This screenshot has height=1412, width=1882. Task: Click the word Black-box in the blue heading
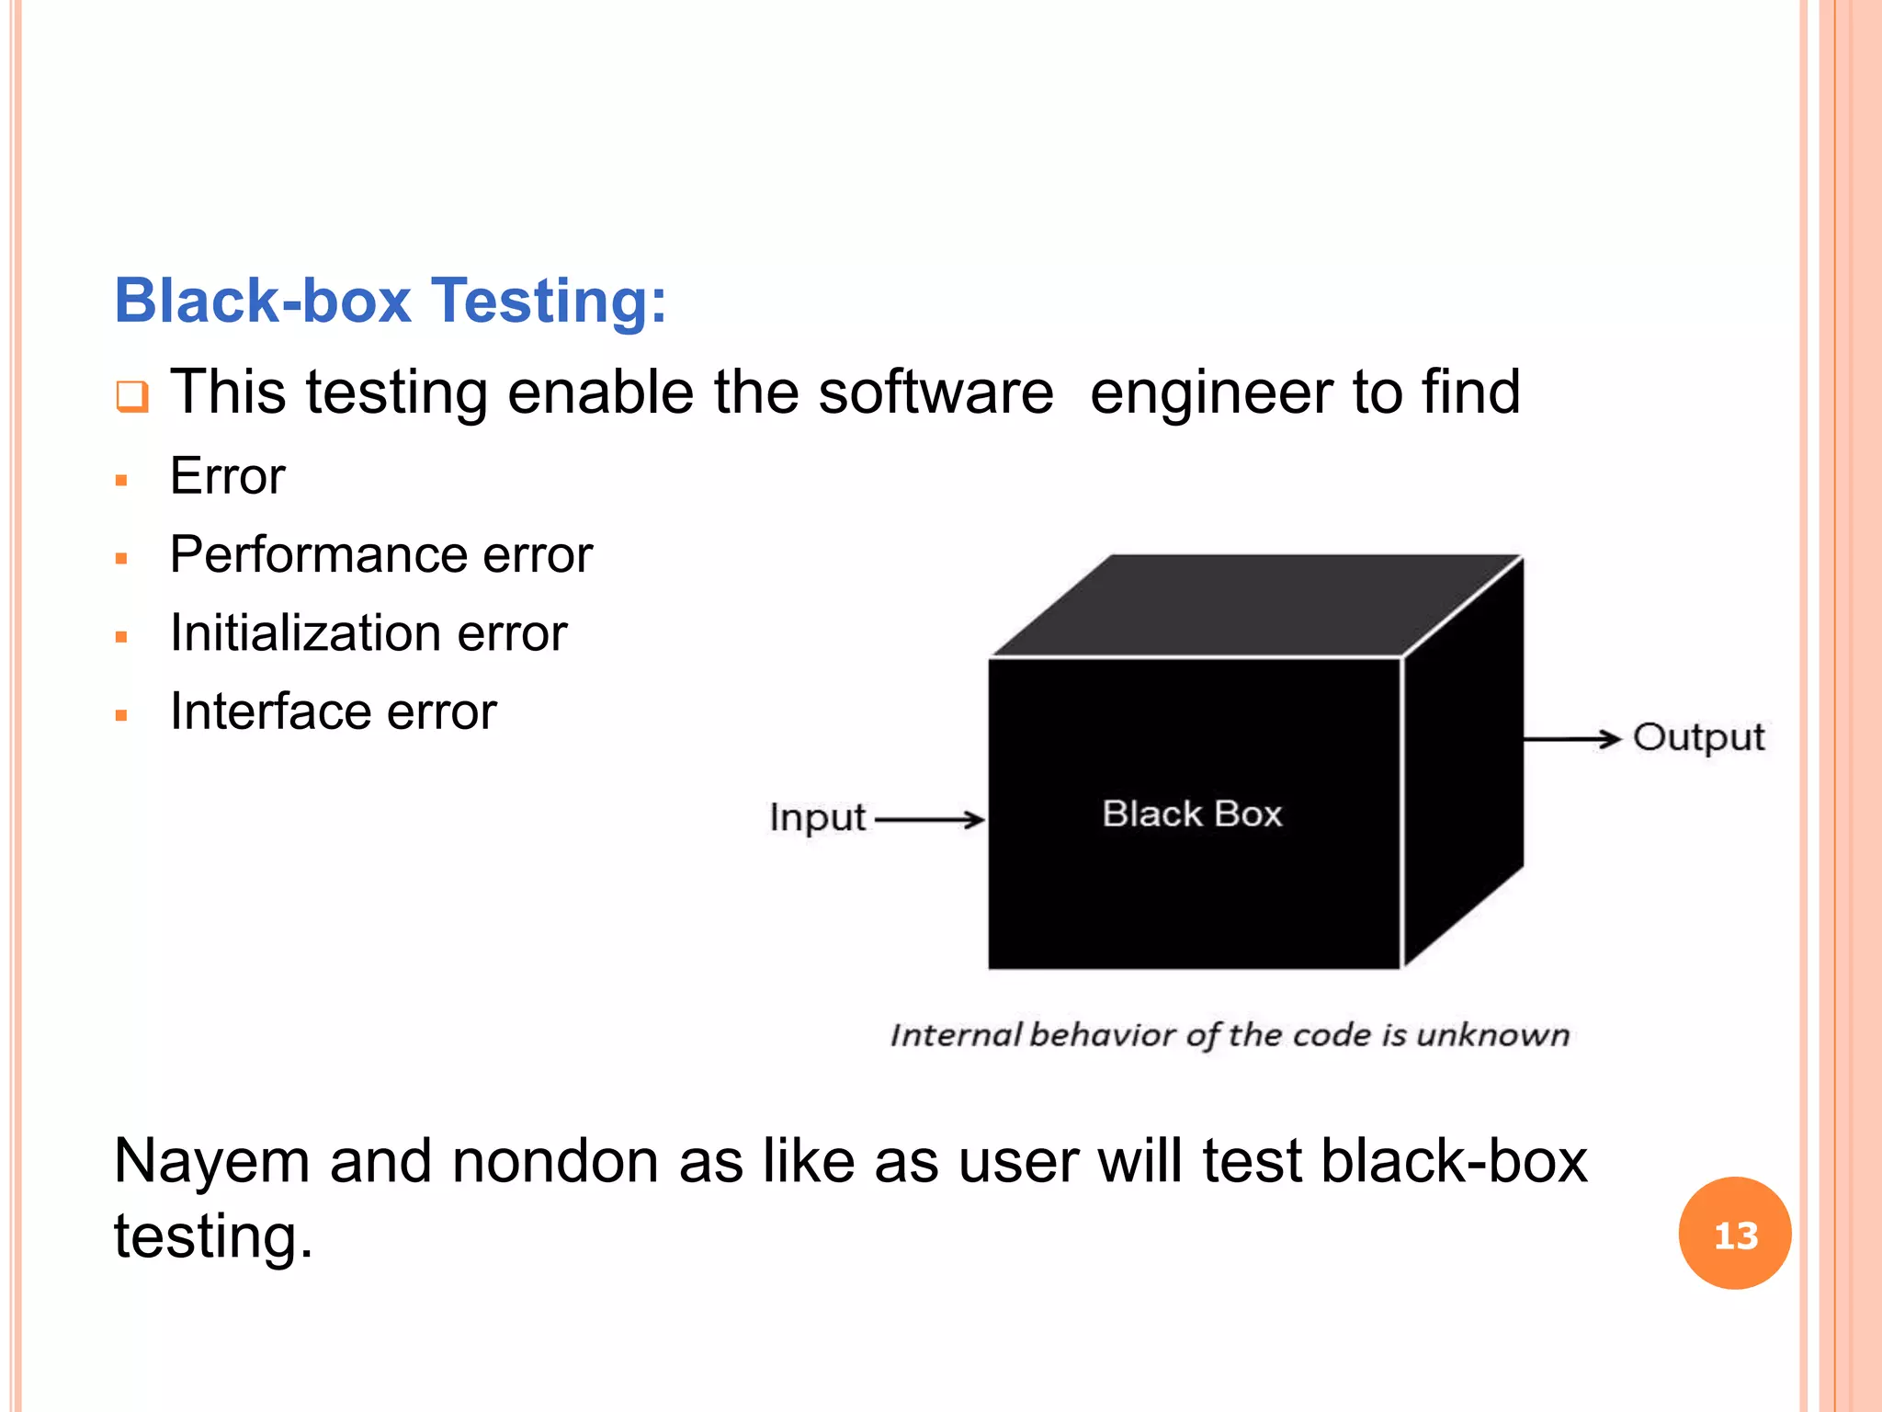click(x=263, y=302)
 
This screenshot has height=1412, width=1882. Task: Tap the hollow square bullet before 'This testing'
click(x=131, y=396)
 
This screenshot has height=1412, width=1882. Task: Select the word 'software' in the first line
click(x=935, y=393)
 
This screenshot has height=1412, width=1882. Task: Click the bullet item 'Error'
click(x=228, y=476)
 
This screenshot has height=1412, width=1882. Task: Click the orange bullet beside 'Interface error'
click(x=121, y=715)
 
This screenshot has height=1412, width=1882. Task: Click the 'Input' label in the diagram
click(x=817, y=817)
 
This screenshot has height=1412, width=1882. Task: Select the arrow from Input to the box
click(x=929, y=818)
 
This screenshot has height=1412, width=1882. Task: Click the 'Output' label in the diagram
click(x=1698, y=737)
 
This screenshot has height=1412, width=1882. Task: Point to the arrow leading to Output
click(x=1571, y=738)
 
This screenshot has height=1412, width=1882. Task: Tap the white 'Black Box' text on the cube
click(x=1192, y=814)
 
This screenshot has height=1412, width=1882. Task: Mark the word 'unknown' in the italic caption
click(x=1492, y=1035)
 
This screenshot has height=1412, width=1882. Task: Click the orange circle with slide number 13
click(x=1734, y=1234)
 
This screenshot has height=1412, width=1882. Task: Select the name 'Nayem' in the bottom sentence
click(x=212, y=1161)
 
